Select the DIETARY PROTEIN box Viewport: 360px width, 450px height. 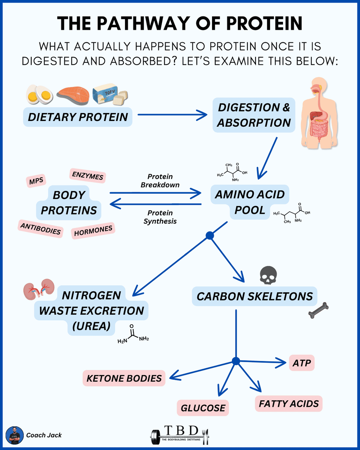tap(78, 117)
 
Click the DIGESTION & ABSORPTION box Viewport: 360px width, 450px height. tap(254, 115)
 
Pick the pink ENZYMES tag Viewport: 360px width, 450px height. tap(87, 176)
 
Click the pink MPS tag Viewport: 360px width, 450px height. tap(36, 181)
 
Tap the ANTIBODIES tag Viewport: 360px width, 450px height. tap(40, 229)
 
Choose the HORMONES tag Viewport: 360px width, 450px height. tap(93, 230)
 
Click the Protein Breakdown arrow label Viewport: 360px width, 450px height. tap(160, 181)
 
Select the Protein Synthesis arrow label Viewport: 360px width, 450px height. tap(160, 217)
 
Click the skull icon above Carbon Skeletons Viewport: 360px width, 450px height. tap(268, 275)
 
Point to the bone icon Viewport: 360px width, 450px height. tap(319, 310)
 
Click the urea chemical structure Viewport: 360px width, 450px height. tap(133, 335)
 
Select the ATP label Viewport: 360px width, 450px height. tap(302, 363)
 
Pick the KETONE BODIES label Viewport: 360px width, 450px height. tap(124, 378)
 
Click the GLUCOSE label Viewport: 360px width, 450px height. tap(203, 408)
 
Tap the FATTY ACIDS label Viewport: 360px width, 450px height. tap(289, 404)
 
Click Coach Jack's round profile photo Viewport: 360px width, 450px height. tap(14, 435)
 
